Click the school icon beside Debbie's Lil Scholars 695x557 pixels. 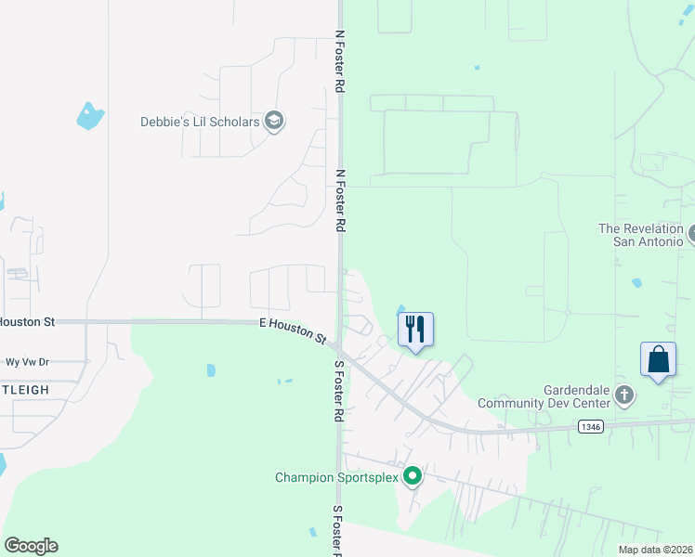click(274, 121)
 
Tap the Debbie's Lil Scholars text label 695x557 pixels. click(200, 122)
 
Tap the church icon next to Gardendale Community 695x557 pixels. click(624, 396)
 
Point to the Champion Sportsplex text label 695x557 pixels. click(336, 478)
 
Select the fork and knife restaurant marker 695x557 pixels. click(415, 330)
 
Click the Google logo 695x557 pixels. click(31, 546)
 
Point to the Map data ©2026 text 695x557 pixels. click(655, 550)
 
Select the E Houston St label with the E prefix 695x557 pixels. click(293, 331)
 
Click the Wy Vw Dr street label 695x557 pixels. click(27, 362)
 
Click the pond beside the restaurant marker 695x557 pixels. click(401, 309)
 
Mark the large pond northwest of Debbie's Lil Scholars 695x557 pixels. click(89, 116)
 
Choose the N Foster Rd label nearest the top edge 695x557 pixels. click(340, 60)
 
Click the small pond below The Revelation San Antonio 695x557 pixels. click(636, 282)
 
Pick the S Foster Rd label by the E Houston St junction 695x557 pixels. click(339, 390)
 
